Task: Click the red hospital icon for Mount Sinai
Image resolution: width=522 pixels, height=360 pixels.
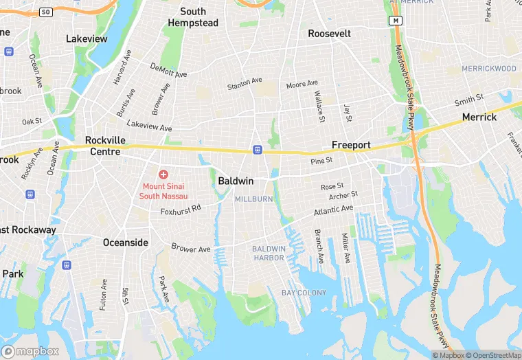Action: click(x=163, y=175)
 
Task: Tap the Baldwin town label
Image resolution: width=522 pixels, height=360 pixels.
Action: click(x=236, y=181)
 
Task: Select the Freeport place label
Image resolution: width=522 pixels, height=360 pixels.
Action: click(x=351, y=145)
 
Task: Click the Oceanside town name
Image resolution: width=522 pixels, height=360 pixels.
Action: click(x=125, y=243)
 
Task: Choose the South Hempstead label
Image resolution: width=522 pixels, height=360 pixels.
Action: click(x=193, y=17)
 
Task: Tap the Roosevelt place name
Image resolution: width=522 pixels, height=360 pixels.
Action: click(x=329, y=34)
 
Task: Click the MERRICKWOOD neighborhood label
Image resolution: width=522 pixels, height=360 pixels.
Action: click(x=489, y=69)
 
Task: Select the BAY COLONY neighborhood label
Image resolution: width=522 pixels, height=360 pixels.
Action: click(x=304, y=293)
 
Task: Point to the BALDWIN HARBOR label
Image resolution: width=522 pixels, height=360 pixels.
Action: click(x=269, y=253)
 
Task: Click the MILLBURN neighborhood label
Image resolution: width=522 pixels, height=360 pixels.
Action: click(x=253, y=199)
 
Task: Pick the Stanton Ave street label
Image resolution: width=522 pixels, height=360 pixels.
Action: click(x=245, y=85)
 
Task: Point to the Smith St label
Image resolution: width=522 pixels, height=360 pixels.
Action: click(x=469, y=101)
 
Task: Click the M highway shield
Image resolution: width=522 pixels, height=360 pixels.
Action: click(x=396, y=21)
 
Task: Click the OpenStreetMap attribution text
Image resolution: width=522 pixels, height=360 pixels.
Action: click(x=492, y=355)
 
